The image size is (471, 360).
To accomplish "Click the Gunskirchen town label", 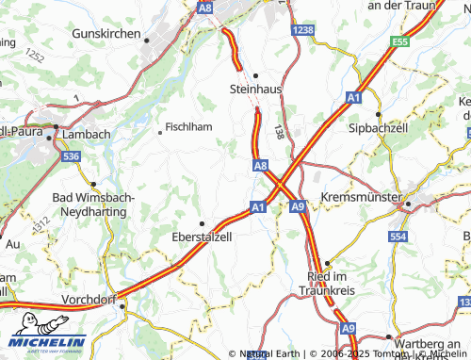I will [106, 32].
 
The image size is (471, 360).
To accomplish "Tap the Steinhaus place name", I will [256, 90].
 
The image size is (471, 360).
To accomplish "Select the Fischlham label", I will [188, 126].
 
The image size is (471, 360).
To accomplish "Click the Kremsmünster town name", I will [360, 197].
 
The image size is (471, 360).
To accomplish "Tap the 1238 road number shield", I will [303, 31].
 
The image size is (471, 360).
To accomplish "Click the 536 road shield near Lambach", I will [70, 156].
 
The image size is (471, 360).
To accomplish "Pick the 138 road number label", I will [278, 135].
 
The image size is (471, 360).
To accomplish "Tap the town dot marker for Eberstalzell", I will [201, 223].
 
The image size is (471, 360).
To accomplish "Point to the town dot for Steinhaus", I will [255, 75].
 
